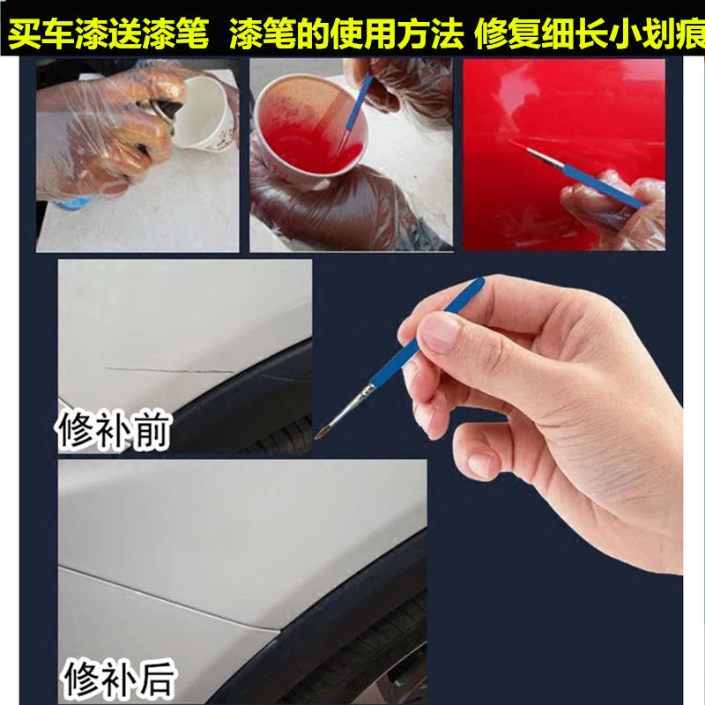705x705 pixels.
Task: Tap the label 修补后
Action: [119, 680]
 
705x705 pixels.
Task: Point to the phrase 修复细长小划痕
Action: [585, 36]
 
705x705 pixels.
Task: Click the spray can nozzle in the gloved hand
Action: [167, 108]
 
